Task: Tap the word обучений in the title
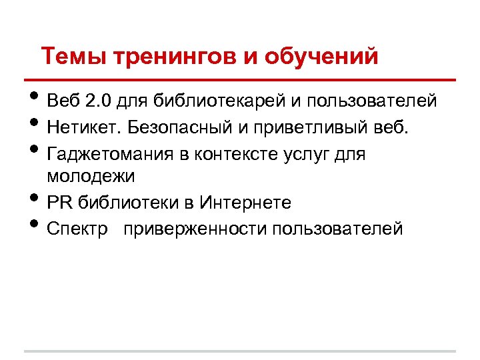[x=322, y=56]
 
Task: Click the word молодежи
[x=91, y=177]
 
